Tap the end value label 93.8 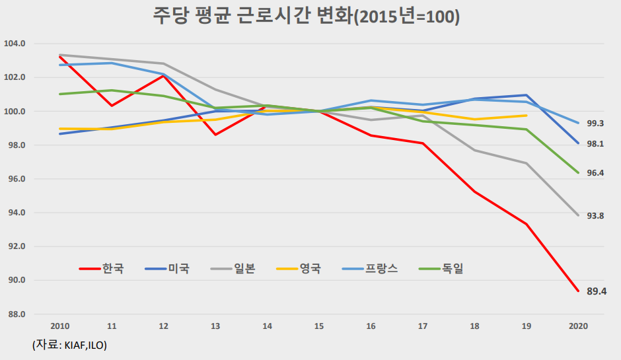point(597,216)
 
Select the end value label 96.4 point(597,173)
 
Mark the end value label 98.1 point(597,144)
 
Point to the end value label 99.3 point(597,124)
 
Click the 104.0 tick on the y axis point(15,44)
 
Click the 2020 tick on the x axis point(578,326)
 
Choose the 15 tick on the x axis point(319,326)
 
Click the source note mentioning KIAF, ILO point(69,345)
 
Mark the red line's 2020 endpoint point(579,291)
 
